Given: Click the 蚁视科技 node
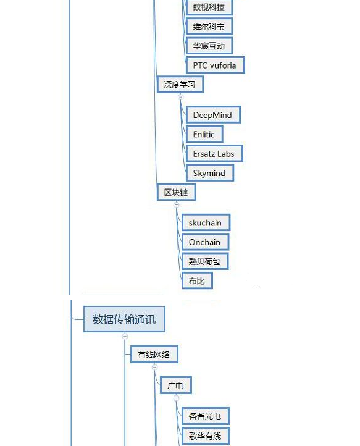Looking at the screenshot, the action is pyautogui.click(x=209, y=7).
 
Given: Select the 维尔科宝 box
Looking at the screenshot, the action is pyautogui.click(x=209, y=27).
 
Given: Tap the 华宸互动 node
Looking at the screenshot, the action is pyautogui.click(x=209, y=46).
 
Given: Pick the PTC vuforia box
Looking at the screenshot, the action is pyautogui.click(x=215, y=65).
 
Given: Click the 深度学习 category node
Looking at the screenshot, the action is pyautogui.click(x=180, y=85).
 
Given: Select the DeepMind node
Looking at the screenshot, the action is pyautogui.click(x=213, y=115).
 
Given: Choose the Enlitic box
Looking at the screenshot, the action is pyautogui.click(x=204, y=134).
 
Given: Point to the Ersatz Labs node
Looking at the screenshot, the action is pyautogui.click(x=214, y=154).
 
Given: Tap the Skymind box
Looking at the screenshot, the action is pyautogui.click(x=209, y=173).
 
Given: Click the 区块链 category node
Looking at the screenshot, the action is pyautogui.click(x=176, y=192).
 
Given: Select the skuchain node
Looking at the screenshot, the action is pyautogui.click(x=206, y=223).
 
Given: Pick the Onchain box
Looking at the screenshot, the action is pyautogui.click(x=205, y=242).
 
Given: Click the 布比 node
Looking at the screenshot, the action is pyautogui.click(x=197, y=280).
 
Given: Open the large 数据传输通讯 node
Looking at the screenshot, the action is pyautogui.click(x=124, y=319).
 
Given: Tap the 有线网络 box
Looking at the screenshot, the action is pyautogui.click(x=154, y=355).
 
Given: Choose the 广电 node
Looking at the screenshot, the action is pyautogui.click(x=176, y=385).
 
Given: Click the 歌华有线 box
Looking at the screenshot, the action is pyautogui.click(x=205, y=435).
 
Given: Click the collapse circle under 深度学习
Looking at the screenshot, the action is pyautogui.click(x=180, y=97).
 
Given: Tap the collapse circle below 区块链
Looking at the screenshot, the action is pyautogui.click(x=177, y=204).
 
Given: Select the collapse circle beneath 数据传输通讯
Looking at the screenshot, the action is pyautogui.click(x=125, y=336).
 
